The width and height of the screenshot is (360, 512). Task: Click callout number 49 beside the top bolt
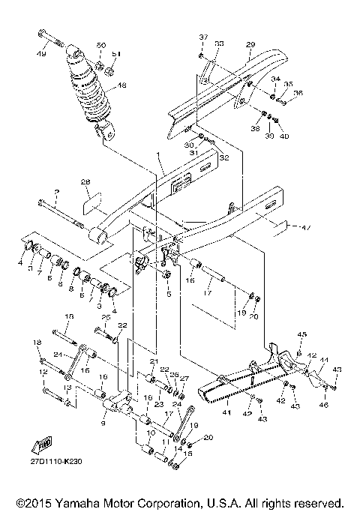click(x=42, y=53)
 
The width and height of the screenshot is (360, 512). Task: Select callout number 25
click(x=106, y=319)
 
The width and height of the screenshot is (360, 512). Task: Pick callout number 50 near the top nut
click(x=101, y=46)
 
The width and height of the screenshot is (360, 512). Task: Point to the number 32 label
click(x=223, y=159)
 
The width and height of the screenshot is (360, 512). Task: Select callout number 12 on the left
click(x=43, y=372)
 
